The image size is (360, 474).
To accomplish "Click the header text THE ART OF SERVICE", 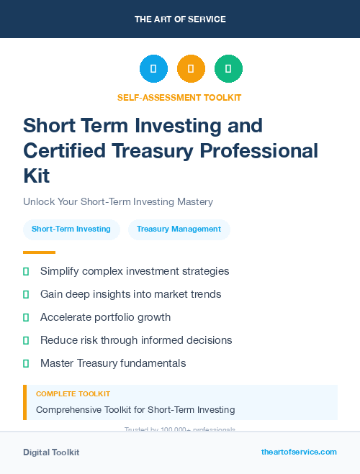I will pos(180,19).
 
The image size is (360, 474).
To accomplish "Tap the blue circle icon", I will pos(153,69).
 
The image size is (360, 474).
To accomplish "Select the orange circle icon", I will pos(191,69).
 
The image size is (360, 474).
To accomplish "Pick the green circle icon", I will pos(228,69).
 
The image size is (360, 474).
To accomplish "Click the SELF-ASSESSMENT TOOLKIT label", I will pos(180,98).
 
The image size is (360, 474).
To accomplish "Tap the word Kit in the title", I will pos(37,176).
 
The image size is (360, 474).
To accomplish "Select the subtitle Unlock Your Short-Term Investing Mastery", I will pos(118,202).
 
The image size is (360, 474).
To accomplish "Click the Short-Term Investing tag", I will pos(71,229).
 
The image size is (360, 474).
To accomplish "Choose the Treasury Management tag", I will pos(179,229).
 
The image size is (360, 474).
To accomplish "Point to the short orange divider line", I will pos(39,252).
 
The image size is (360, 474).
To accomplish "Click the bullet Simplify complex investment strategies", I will pos(135,271).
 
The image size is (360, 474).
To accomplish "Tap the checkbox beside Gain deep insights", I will pos(26,294).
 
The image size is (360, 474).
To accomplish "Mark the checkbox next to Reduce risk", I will pos(26,340).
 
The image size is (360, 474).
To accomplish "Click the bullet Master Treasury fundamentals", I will pos(113,363).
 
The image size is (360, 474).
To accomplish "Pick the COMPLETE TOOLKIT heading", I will pos(73,394).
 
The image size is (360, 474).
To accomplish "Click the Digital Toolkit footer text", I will pos(51,452).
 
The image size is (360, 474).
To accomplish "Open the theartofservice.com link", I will pos(299,452).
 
